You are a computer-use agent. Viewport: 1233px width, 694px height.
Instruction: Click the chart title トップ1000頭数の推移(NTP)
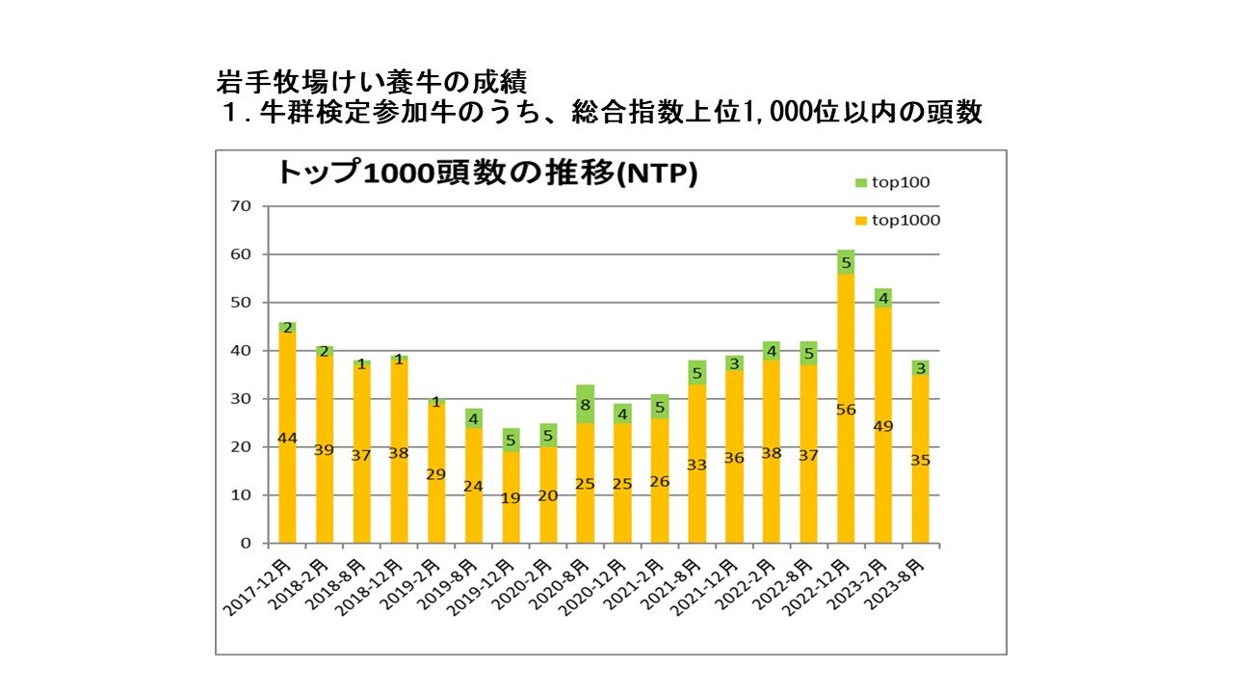[x=486, y=173]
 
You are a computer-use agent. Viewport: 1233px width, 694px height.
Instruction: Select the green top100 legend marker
[x=860, y=182]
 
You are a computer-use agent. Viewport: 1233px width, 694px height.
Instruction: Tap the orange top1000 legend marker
[x=860, y=221]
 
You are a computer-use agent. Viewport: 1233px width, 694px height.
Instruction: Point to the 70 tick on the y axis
[x=240, y=206]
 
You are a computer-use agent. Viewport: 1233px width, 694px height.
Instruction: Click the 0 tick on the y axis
[x=246, y=544]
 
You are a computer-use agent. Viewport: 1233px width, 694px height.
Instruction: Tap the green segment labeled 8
[x=586, y=405]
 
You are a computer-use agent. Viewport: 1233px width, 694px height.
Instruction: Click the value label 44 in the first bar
[x=287, y=438]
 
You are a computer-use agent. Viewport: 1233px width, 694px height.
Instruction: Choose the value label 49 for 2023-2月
[x=883, y=426]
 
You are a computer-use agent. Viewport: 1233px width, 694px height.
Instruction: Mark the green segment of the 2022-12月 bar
[x=846, y=262]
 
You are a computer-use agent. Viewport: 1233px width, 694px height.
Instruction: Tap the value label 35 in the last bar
[x=921, y=460]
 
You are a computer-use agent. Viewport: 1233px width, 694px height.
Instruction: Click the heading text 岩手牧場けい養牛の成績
[x=370, y=81]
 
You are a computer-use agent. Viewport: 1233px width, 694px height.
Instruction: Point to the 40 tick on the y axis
[x=240, y=351]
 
